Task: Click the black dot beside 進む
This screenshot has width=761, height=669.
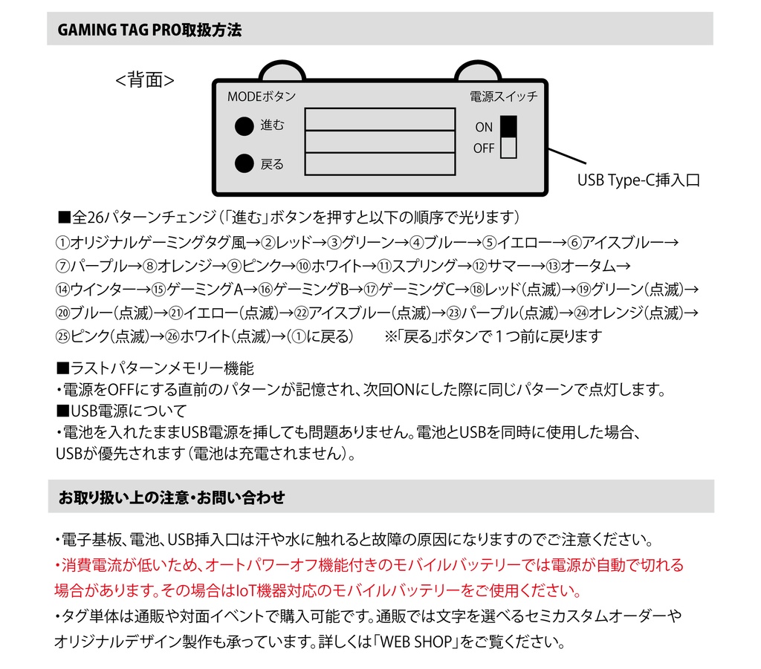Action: (x=245, y=127)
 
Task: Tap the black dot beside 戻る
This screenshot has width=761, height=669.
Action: (x=245, y=163)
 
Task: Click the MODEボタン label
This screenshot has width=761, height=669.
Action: (x=261, y=97)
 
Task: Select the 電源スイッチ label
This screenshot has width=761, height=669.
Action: (x=503, y=97)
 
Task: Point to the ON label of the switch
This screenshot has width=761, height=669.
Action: (x=484, y=128)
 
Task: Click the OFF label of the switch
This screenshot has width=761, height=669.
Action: (x=483, y=149)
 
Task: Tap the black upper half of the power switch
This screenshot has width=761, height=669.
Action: (x=508, y=126)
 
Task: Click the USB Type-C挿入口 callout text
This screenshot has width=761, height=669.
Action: (x=638, y=180)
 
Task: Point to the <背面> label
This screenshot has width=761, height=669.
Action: (x=145, y=80)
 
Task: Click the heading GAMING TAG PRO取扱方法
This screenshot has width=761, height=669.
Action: (x=149, y=30)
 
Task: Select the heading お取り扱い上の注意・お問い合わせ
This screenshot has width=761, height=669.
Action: (x=171, y=497)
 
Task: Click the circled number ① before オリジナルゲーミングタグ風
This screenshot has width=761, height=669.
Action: (x=62, y=243)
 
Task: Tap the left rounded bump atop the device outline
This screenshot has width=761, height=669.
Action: (x=282, y=71)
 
